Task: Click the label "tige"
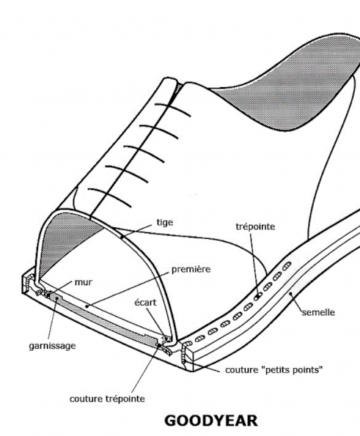(x=165, y=223)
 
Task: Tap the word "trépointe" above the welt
(x=255, y=226)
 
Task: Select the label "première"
(x=191, y=269)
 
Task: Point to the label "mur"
(x=83, y=283)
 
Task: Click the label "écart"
(x=145, y=302)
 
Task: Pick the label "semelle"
(x=318, y=312)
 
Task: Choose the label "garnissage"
(x=52, y=346)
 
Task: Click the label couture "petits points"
(x=274, y=370)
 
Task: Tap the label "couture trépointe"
(x=107, y=399)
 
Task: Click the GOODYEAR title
(x=211, y=421)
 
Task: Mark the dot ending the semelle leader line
(x=290, y=293)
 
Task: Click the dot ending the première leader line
(x=87, y=306)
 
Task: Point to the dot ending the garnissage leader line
(x=57, y=298)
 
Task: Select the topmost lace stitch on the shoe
(x=172, y=109)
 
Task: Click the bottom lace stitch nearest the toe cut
(x=109, y=197)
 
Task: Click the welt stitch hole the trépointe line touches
(x=258, y=297)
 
